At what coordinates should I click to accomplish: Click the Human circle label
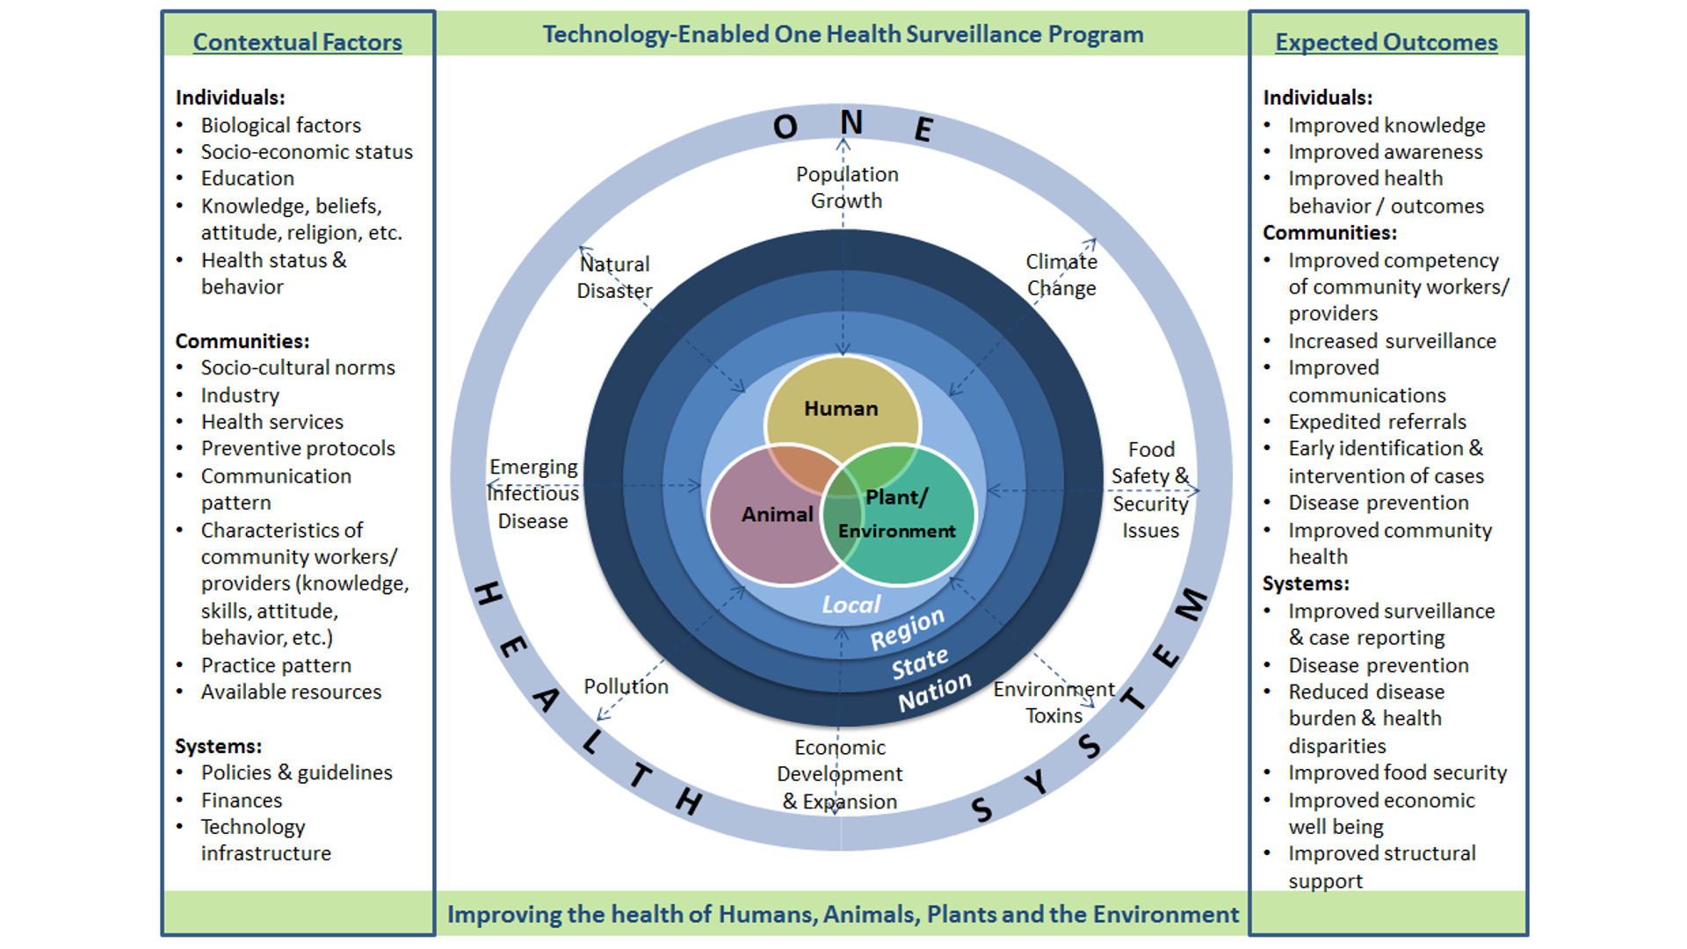841,409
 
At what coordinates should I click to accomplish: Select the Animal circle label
777,514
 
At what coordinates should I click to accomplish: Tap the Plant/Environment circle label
896,514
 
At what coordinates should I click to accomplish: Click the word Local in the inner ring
851,605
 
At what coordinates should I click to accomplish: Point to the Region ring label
907,629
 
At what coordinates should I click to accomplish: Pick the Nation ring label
934,692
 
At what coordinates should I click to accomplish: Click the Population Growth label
847,187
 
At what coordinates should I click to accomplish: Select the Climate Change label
1061,275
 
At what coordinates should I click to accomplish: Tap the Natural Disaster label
614,277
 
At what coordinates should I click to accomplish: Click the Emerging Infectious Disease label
533,494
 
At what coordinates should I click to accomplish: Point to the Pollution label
626,686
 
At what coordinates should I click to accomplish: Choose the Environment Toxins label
1053,702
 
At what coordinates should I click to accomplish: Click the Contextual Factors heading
297,42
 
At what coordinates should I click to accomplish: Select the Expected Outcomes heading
1386,42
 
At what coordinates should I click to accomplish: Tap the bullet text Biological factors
280,126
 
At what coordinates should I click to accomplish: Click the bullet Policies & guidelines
296,772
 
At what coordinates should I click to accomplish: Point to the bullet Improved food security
1397,772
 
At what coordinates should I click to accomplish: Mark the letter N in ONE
851,123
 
